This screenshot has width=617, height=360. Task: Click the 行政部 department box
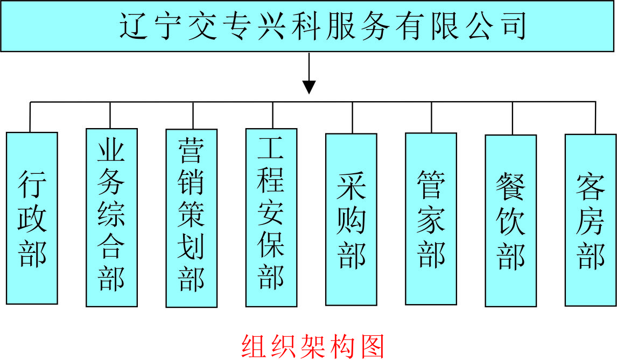[x=32, y=218]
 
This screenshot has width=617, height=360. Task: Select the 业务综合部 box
[x=111, y=217]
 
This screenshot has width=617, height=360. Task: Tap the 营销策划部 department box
[x=191, y=218]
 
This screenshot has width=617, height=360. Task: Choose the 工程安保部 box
[x=271, y=217]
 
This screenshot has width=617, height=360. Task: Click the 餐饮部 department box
[x=510, y=220]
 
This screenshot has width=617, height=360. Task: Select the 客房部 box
[x=590, y=220]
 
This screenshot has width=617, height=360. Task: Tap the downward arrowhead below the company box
[x=308, y=87]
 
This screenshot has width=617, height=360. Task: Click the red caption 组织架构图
[x=313, y=346]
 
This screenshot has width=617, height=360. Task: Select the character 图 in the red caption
[x=371, y=346]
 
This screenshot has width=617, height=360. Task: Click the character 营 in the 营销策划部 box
[x=191, y=149]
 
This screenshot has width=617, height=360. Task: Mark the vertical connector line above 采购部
[x=353, y=117]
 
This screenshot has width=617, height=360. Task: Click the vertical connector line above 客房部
[x=595, y=117]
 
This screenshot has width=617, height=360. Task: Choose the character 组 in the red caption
[x=255, y=346]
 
